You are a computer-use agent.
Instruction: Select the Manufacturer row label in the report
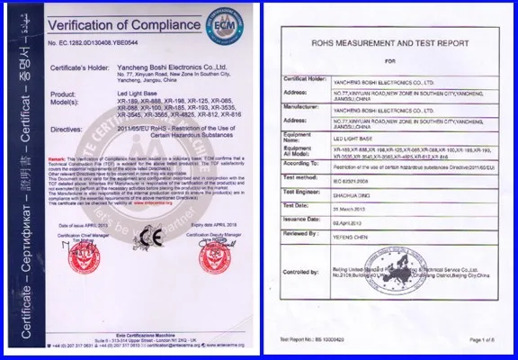[303, 106]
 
